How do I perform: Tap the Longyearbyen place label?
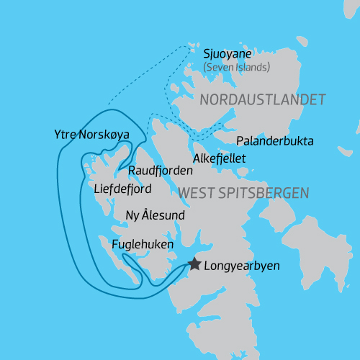click(x=242, y=266)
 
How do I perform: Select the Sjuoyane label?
click(x=228, y=54)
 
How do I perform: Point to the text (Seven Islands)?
click(x=236, y=67)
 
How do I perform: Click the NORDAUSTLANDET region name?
click(x=263, y=99)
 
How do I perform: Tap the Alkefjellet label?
click(x=220, y=158)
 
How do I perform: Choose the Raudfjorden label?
click(x=161, y=171)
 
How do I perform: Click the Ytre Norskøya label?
click(x=91, y=135)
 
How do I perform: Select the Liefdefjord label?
click(x=124, y=190)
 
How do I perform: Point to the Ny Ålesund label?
click(x=155, y=216)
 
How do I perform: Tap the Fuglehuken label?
click(x=143, y=246)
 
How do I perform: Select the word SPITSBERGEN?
click(x=266, y=193)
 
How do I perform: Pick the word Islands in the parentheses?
click(x=252, y=67)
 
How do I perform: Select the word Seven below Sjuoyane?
click(x=219, y=67)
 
